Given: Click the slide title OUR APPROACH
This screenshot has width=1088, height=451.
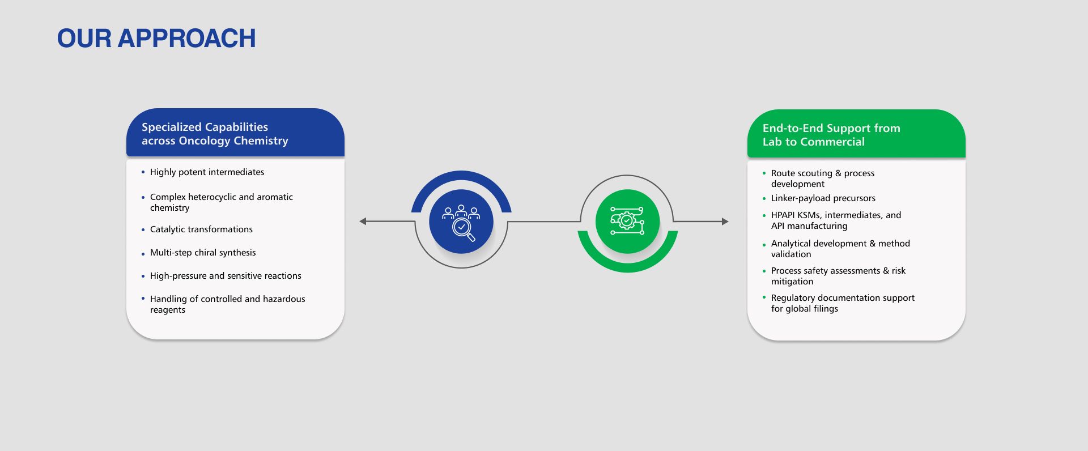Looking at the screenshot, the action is [x=156, y=39].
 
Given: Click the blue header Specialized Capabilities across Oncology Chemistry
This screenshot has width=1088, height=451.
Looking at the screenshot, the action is [x=215, y=134].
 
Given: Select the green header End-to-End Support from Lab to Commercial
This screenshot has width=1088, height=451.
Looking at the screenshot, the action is [x=831, y=135].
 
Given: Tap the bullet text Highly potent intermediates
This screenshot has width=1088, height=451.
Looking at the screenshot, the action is [x=207, y=172].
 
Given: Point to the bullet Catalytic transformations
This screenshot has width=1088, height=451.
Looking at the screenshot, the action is [x=201, y=229].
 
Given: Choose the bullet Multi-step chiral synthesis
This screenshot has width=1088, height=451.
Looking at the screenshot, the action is [x=203, y=253].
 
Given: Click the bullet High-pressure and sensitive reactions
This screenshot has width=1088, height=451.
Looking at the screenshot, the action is [x=226, y=276].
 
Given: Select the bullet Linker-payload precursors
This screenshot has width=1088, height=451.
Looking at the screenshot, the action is [x=823, y=198].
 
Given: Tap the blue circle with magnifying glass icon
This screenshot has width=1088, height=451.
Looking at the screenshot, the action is [x=461, y=221].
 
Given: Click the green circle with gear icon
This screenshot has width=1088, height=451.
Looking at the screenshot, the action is [x=627, y=221].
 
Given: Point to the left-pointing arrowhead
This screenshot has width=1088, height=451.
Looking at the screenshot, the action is [x=363, y=221].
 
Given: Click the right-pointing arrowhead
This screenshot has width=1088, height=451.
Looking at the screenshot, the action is [x=725, y=221].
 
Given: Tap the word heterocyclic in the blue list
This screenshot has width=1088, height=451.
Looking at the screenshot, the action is [x=212, y=197].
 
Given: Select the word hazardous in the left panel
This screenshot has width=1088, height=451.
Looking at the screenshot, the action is [x=283, y=299].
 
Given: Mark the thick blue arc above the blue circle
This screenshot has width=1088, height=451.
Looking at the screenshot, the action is [x=461, y=176].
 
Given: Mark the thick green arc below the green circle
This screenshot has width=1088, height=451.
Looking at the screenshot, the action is [x=627, y=267].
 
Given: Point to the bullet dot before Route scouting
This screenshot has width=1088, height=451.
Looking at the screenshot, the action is [x=764, y=173].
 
